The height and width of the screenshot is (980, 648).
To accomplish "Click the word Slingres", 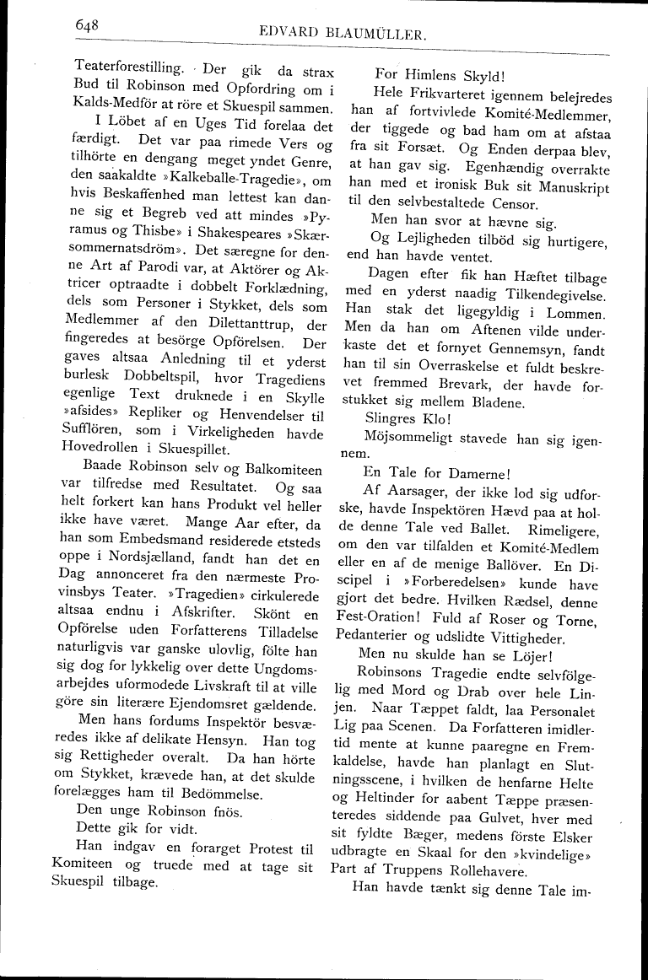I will click(x=391, y=416).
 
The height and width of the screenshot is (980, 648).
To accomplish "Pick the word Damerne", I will click(x=473, y=472).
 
